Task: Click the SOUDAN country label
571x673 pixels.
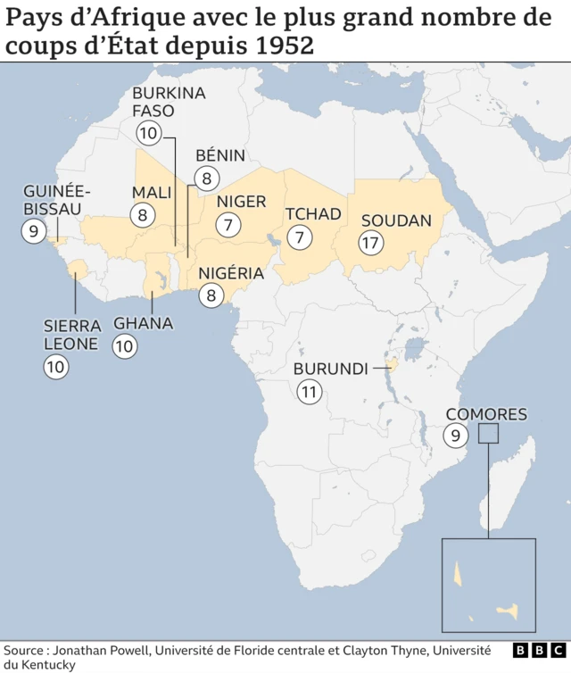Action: [396, 220]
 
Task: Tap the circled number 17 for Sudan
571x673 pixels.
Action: [370, 243]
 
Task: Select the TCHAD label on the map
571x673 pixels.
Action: [313, 214]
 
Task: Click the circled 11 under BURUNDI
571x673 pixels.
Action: [310, 391]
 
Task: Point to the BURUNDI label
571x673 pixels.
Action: [331, 369]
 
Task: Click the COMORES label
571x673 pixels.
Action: [486, 414]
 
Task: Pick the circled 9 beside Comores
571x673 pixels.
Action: [456, 436]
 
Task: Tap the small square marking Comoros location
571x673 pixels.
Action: [488, 433]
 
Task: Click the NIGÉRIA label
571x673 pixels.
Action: [231, 273]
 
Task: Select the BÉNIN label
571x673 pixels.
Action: [219, 155]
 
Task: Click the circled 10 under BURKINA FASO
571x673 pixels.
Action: [148, 134]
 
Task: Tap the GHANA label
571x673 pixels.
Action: [143, 323]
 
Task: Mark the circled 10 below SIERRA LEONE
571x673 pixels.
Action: [56, 366]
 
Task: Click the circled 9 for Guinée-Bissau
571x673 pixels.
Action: [34, 231]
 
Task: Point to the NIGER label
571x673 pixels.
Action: [241, 202]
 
